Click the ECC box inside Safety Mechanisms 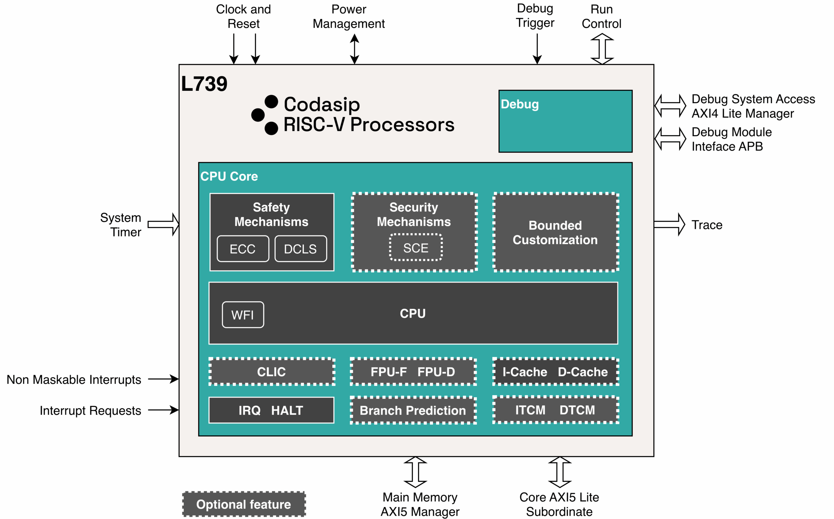243,249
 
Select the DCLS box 300,249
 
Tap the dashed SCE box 415,248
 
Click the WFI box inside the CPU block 243,315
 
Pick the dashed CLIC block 272,372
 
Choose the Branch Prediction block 413,410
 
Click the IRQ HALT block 271,410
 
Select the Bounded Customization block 555,232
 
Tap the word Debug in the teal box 520,104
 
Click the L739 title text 204,84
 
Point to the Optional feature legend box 243,504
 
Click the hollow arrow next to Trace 669,224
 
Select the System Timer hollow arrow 164,224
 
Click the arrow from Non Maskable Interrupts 163,379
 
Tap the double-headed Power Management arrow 354,49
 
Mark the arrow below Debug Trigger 537,49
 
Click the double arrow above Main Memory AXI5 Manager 415,472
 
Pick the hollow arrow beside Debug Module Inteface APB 670,139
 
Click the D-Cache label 583,372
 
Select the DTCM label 577,410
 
